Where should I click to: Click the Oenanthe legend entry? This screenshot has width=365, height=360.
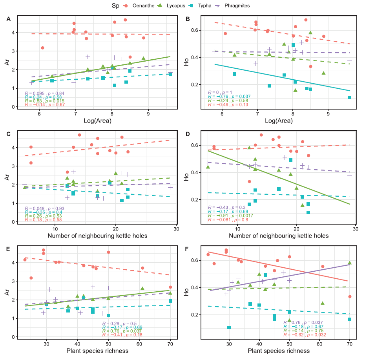point(138,6)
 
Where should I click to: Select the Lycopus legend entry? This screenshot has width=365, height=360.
point(176,6)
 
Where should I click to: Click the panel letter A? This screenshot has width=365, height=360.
point(8,18)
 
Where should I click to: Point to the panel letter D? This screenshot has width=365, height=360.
point(188,134)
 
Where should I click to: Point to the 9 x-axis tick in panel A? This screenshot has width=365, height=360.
point(148,114)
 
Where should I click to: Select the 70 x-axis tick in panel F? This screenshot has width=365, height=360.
point(349,344)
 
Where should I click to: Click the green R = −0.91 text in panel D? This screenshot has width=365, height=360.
point(227,216)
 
